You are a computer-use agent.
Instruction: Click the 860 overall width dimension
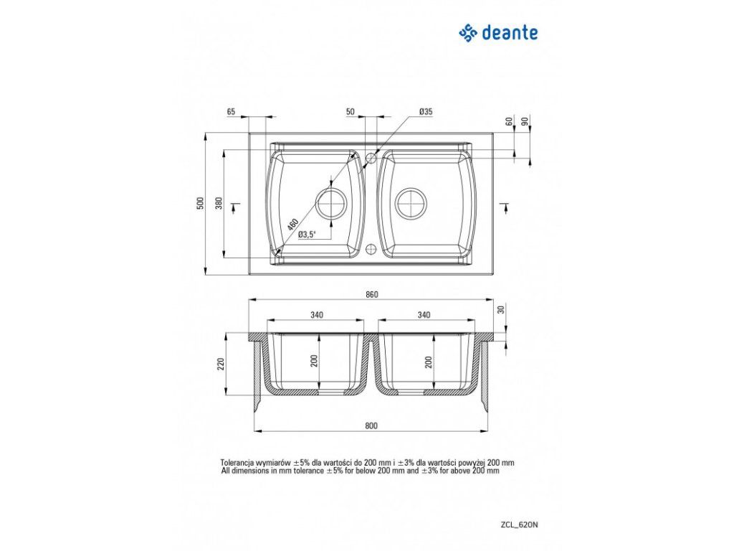click(x=371, y=294)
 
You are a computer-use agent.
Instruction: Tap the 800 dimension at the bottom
click(x=371, y=425)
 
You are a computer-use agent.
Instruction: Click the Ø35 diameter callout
click(x=425, y=111)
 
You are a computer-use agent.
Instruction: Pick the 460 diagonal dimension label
click(x=293, y=224)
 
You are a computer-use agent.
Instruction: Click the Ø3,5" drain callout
click(x=306, y=235)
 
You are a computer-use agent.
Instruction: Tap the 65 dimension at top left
click(x=231, y=111)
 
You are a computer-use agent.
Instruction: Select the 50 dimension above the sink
click(x=351, y=111)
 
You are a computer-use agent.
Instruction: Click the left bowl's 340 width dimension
click(x=317, y=315)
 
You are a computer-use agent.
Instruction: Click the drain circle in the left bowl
click(x=332, y=203)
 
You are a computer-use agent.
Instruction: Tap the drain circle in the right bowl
click(x=412, y=203)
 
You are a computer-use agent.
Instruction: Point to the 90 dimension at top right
click(x=525, y=121)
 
